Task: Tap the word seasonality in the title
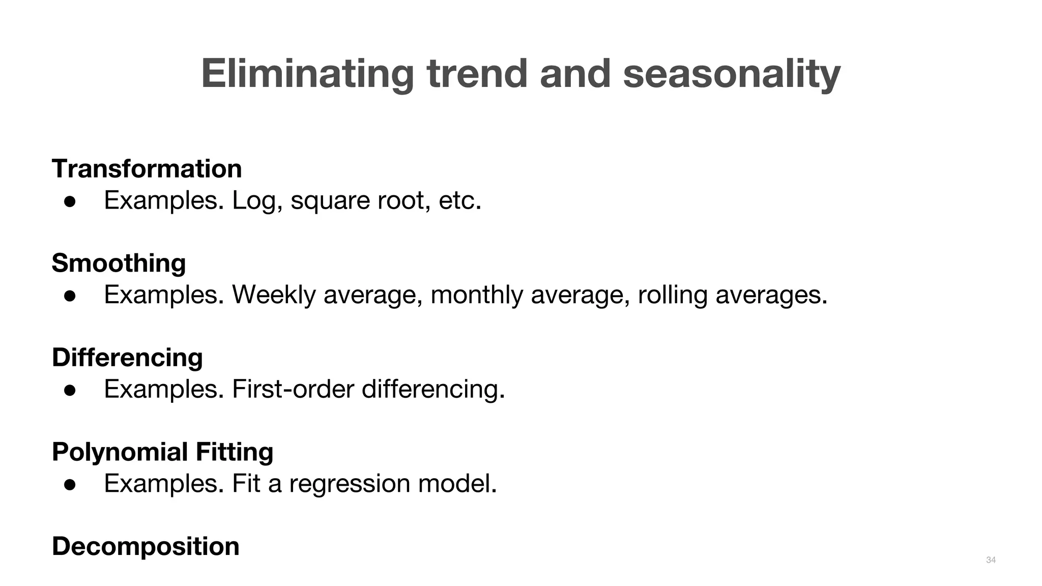(x=732, y=74)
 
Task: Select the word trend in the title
(x=478, y=74)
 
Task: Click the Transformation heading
(x=147, y=168)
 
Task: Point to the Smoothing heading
(x=119, y=263)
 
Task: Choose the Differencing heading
(x=127, y=357)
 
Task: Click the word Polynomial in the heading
(x=120, y=452)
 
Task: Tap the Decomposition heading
(x=146, y=546)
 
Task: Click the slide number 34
(x=991, y=560)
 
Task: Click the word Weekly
(x=274, y=295)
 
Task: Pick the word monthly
(x=476, y=295)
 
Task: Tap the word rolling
(x=672, y=295)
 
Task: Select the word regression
(x=350, y=484)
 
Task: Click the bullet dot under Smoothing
(x=70, y=296)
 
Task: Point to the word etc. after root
(x=459, y=200)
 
